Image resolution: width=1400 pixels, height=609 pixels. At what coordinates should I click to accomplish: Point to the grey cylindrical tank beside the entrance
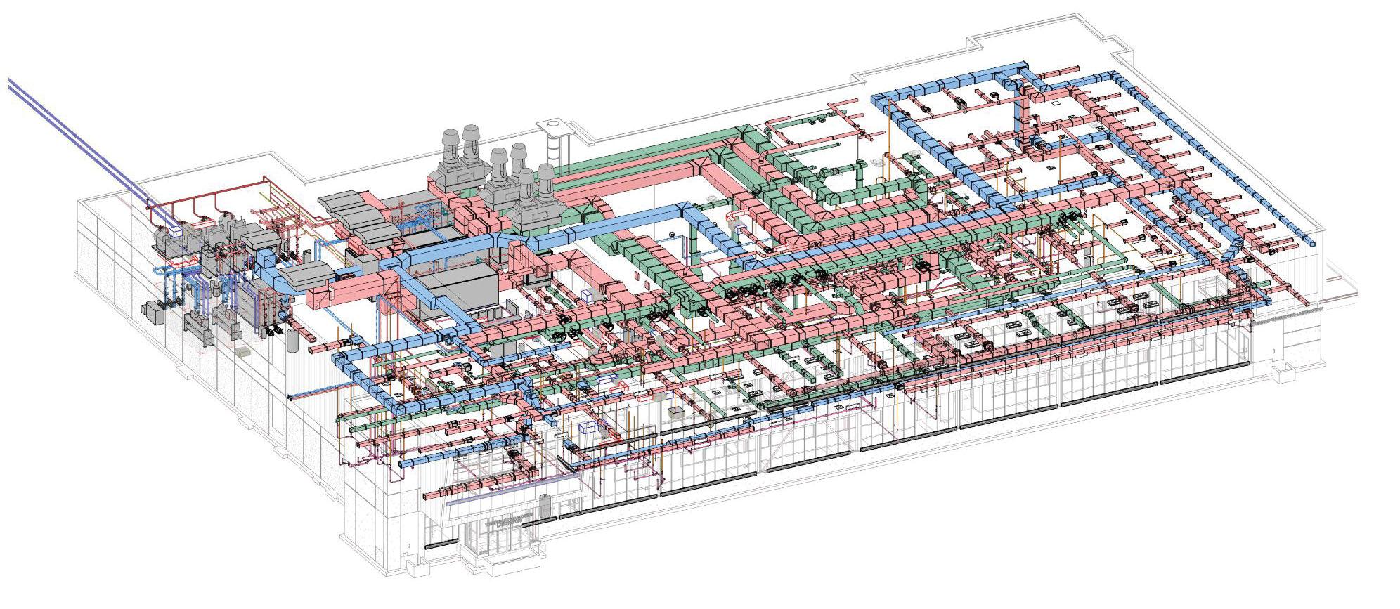pos(545,504)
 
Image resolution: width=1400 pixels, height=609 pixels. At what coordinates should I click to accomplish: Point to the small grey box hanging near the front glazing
pos(675,410)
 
